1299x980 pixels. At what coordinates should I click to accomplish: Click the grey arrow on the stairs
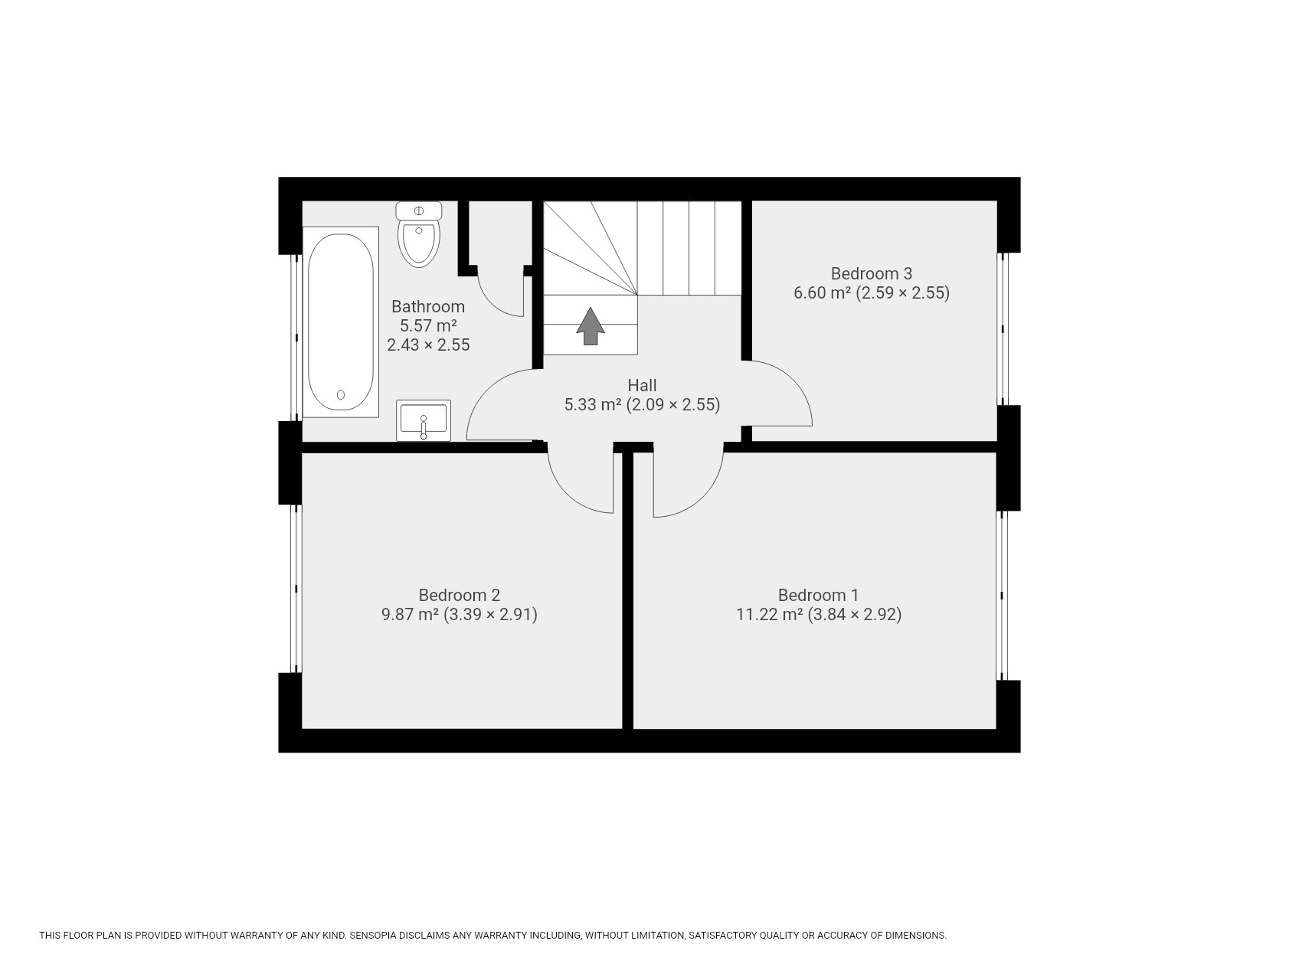pos(591,326)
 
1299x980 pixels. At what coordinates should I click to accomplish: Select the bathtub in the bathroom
pos(341,322)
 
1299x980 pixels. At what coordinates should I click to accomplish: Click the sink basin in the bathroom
pos(423,420)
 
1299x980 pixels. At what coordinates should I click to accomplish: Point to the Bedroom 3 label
pos(871,273)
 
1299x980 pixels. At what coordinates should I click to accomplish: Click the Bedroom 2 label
pos(459,595)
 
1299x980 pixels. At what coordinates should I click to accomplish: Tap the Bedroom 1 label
pos(818,595)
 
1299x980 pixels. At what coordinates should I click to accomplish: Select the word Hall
pos(642,385)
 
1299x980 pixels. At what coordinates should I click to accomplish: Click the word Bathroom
pos(427,306)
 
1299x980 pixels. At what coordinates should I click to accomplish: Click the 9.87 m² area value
pos(410,614)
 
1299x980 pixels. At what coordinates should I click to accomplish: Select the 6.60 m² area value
pos(822,293)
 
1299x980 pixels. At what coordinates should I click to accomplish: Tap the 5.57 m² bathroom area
pos(427,325)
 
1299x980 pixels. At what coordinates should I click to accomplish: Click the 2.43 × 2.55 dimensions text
pos(427,345)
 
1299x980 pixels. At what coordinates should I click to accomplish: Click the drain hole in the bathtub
pos(341,395)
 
